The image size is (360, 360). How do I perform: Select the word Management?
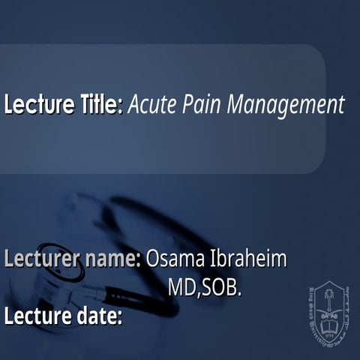point(283,106)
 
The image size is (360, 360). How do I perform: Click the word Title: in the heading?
point(97,104)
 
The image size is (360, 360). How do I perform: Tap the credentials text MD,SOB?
point(206,288)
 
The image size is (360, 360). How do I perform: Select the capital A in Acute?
point(133,104)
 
